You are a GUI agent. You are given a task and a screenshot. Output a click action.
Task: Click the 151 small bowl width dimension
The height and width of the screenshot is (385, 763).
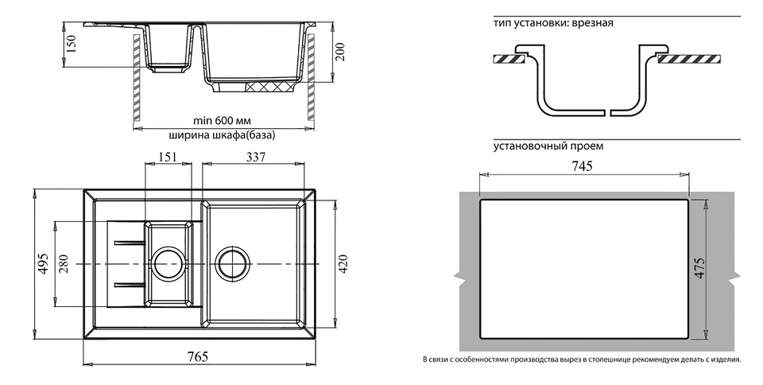click(168, 157)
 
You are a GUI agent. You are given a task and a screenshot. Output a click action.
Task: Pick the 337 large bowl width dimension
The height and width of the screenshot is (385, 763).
click(255, 157)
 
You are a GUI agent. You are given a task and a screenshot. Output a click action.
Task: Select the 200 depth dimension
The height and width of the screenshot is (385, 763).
click(340, 53)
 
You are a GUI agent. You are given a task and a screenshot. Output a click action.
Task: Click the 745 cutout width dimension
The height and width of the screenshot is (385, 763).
click(583, 165)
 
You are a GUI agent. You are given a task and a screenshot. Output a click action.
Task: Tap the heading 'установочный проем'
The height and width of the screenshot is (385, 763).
click(548, 146)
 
